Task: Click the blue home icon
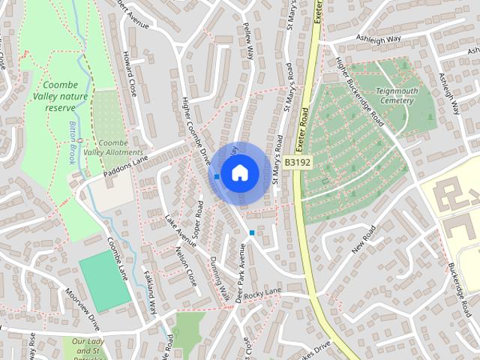(x=239, y=172)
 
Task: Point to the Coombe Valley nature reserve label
(x=65, y=97)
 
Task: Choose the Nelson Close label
(x=185, y=266)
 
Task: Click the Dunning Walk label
(x=219, y=278)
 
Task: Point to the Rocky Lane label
(x=262, y=292)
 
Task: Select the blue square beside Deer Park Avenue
(x=252, y=233)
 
